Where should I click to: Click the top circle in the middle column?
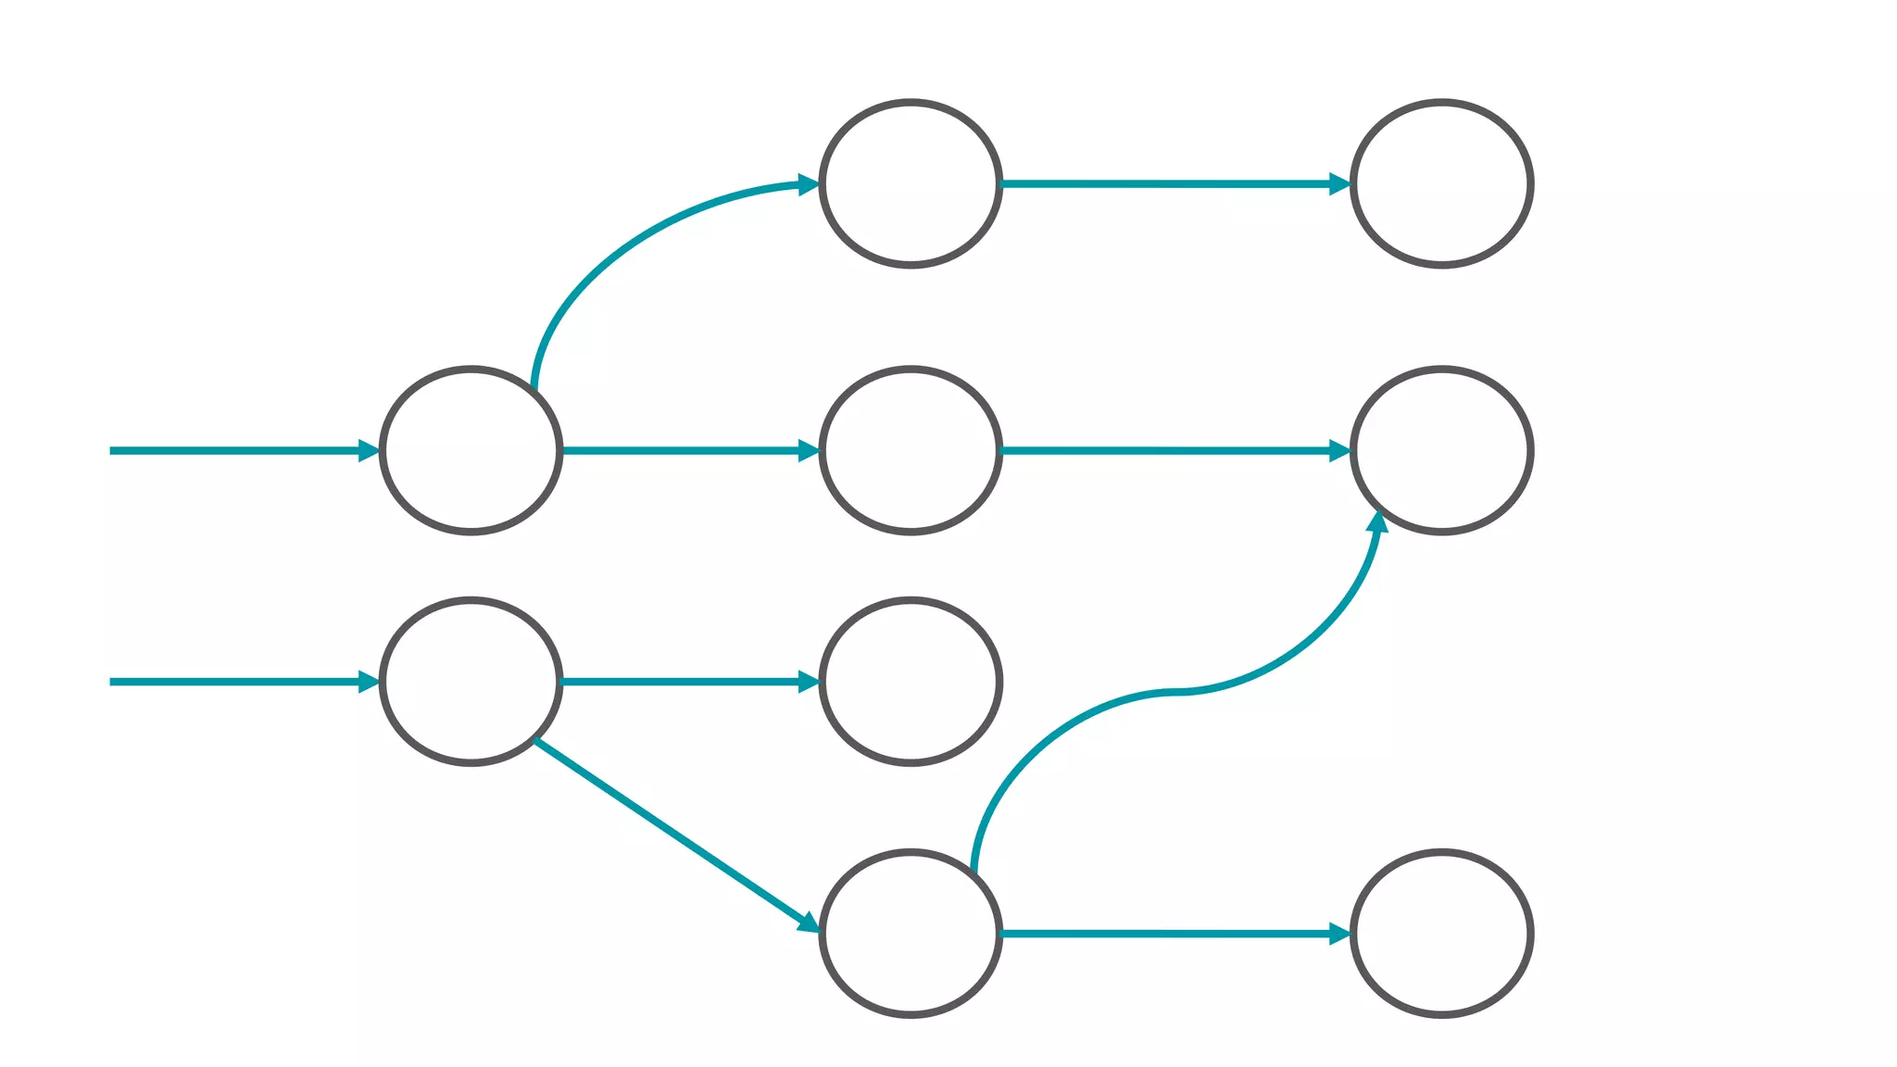point(911,183)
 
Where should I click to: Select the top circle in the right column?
point(1441,183)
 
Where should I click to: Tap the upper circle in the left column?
point(471,450)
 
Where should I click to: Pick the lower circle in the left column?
point(471,681)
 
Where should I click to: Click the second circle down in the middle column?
point(911,450)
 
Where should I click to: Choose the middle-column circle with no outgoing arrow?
point(911,681)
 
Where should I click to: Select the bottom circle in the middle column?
point(911,933)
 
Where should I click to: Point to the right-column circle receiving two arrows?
point(1441,450)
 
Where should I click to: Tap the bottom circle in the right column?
point(1441,933)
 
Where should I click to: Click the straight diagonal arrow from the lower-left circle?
point(672,832)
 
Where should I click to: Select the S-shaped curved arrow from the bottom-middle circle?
point(1176,691)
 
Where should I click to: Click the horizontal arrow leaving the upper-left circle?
point(685,451)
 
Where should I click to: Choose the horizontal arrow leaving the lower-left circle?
point(685,682)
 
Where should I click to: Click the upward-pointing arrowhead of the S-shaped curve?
point(1377,521)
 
